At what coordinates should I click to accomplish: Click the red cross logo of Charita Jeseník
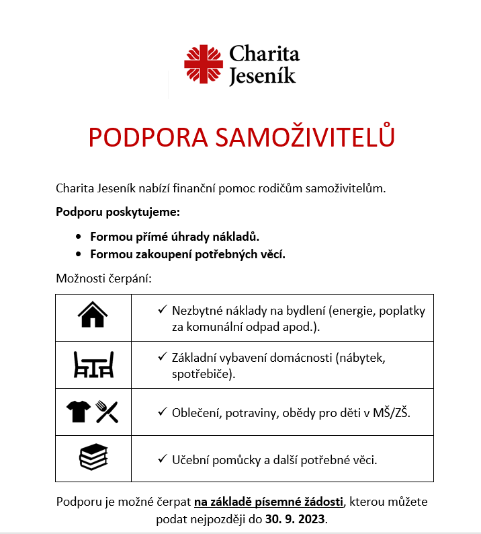(x=204, y=65)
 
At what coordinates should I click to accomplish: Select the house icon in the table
(x=93, y=315)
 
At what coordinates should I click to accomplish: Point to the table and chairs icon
(x=93, y=364)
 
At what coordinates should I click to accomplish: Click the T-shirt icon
(x=78, y=411)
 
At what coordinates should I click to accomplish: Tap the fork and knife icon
(x=107, y=411)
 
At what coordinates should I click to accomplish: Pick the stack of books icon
(x=93, y=458)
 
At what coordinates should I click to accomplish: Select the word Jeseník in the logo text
(x=262, y=76)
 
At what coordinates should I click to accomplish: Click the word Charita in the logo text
(x=264, y=54)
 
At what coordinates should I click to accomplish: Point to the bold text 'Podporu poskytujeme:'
(x=118, y=213)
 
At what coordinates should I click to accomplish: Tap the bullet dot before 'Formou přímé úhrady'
(x=78, y=237)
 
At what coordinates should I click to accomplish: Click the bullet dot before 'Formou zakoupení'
(x=78, y=254)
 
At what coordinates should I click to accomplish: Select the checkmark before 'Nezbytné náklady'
(x=162, y=311)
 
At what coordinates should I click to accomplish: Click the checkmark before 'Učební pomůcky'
(x=162, y=459)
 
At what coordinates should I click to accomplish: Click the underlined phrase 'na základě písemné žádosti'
(x=269, y=502)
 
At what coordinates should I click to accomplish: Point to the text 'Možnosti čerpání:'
(x=104, y=278)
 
